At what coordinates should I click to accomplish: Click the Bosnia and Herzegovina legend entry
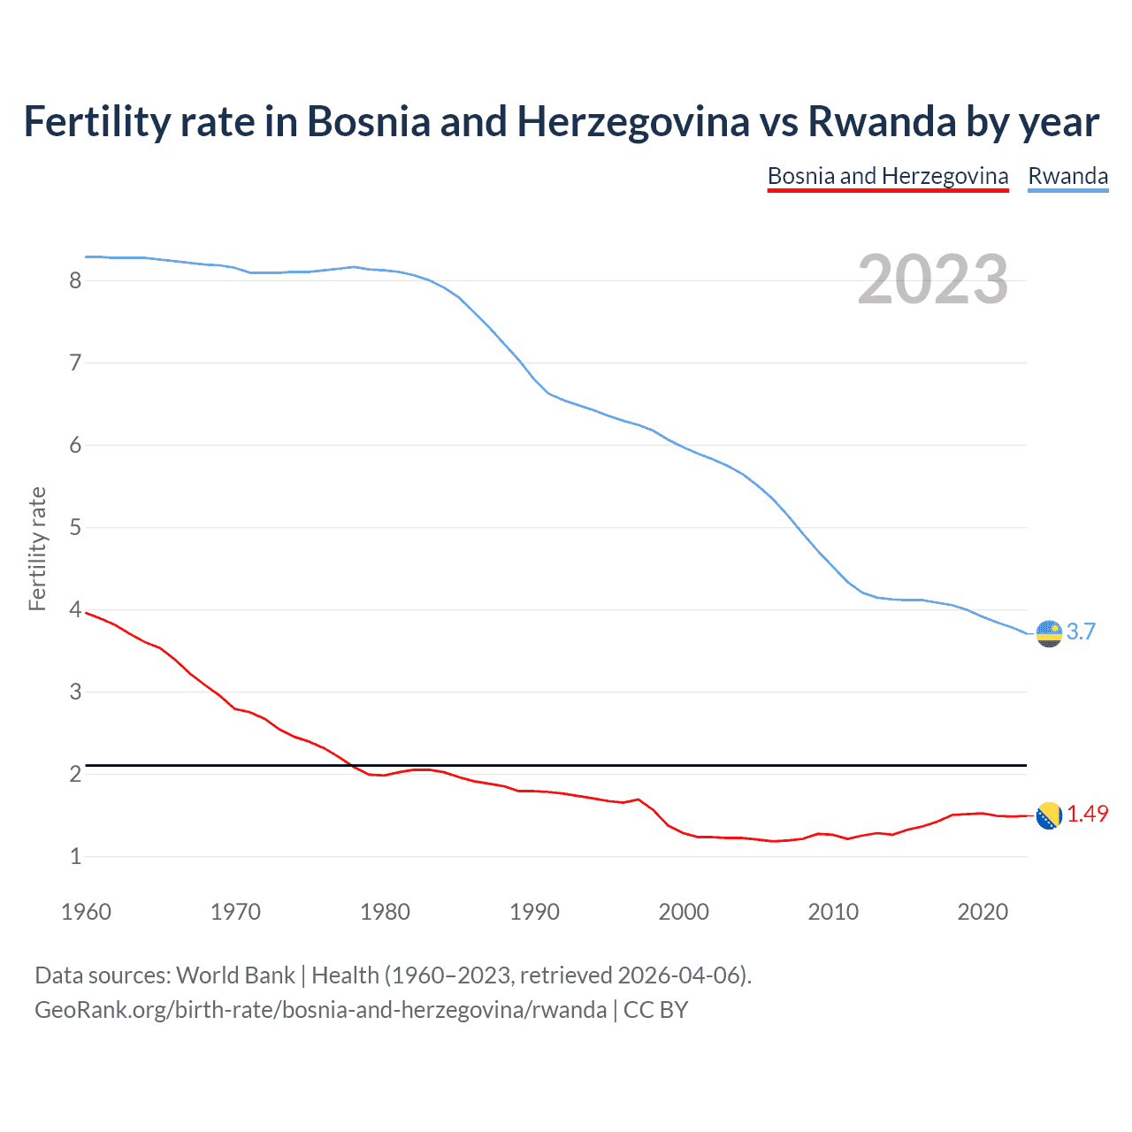(x=888, y=176)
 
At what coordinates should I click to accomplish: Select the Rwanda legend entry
(x=1067, y=176)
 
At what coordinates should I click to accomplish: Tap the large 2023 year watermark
(x=933, y=279)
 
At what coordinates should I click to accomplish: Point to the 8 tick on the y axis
(x=75, y=280)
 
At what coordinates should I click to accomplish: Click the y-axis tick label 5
(x=75, y=528)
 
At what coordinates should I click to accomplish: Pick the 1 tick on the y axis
(x=75, y=856)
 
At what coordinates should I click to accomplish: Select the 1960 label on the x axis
(x=86, y=912)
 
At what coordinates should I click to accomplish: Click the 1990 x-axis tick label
(x=534, y=912)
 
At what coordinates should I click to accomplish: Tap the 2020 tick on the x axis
(x=983, y=912)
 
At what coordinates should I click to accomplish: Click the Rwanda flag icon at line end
(x=1049, y=633)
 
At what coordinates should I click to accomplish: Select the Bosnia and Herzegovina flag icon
(x=1049, y=815)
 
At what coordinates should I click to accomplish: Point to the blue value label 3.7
(x=1081, y=631)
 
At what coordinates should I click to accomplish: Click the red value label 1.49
(x=1087, y=814)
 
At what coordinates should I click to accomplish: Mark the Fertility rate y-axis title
(x=37, y=548)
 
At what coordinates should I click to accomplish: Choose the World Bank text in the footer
(x=235, y=975)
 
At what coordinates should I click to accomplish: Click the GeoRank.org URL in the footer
(x=320, y=1010)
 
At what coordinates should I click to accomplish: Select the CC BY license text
(x=655, y=1010)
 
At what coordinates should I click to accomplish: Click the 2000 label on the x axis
(x=684, y=912)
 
